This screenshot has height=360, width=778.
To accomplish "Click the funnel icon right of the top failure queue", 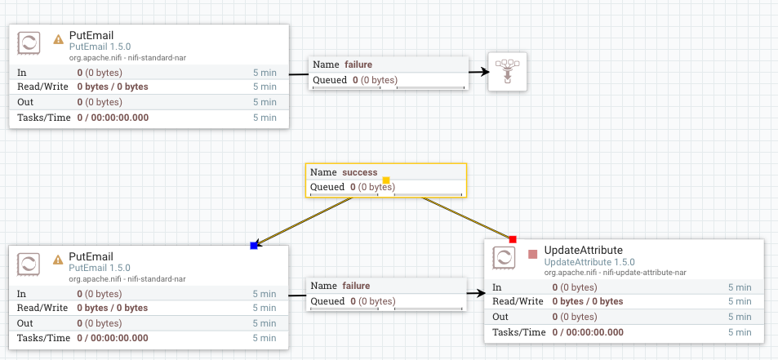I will coord(507,71).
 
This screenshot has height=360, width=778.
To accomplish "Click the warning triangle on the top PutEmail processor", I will coord(58,38).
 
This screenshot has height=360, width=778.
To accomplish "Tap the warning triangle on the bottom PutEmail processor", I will coord(58,259).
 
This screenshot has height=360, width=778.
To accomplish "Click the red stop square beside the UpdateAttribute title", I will coord(533,254).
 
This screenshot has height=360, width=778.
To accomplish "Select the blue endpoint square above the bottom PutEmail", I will coord(254,245).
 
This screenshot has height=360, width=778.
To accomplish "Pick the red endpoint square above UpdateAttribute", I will coord(513,239).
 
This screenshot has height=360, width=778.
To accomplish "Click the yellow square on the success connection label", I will coord(386,180).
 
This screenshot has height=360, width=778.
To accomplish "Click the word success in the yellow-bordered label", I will coord(360,172).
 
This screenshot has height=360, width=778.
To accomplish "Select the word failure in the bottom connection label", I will coord(356,286).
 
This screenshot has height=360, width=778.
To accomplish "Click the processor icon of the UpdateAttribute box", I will coord(505,259).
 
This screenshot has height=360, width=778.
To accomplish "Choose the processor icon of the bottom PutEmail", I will coord(29,264).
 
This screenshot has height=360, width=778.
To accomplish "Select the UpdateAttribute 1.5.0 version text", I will coord(589,262).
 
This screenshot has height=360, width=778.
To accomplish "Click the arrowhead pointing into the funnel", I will coord(483,73).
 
